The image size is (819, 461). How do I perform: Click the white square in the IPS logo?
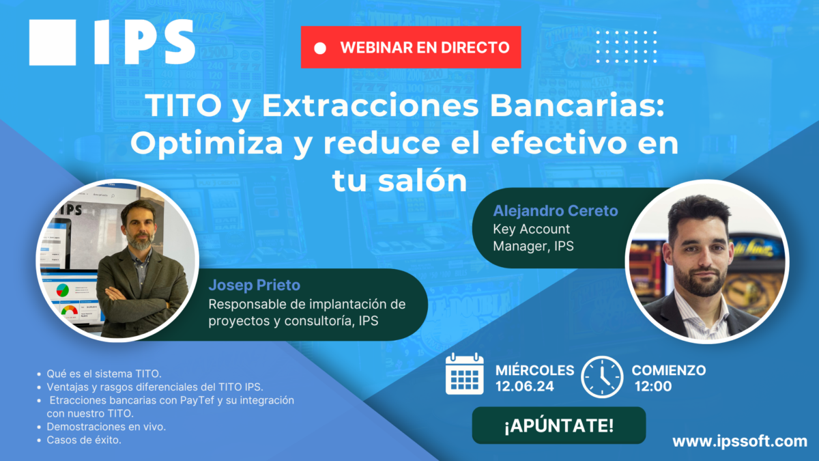pos(53,42)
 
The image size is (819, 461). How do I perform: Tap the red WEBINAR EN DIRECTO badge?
pos(411,47)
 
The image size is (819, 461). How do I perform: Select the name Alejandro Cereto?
pos(555,211)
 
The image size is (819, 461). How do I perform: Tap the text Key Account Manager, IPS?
pos(532,238)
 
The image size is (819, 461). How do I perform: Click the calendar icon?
pos(464,374)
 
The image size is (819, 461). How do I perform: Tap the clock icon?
pos(601,376)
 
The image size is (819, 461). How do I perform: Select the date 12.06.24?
pos(524,387)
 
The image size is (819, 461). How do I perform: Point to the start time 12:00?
pos(653,387)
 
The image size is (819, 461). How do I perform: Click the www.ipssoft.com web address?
pos(740,441)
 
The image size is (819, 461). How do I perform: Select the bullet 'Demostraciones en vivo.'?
pos(106,426)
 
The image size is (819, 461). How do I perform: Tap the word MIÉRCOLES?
pos(534,370)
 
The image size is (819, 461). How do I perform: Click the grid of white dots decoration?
pos(626,47)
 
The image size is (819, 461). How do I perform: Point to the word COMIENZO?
pos(668,370)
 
